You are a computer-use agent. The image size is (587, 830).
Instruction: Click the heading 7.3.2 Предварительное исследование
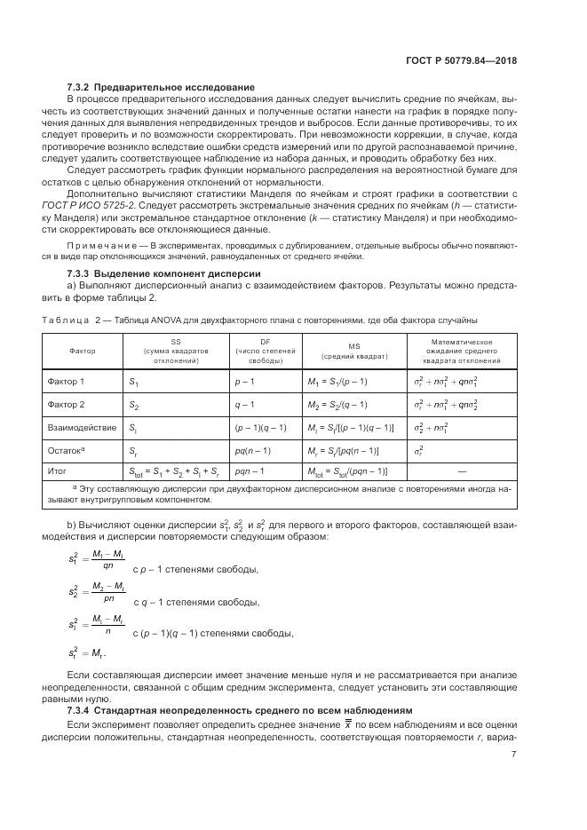(162, 87)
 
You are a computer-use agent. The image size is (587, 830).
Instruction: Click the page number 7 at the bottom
(514, 755)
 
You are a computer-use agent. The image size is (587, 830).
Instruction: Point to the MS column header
(353, 351)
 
